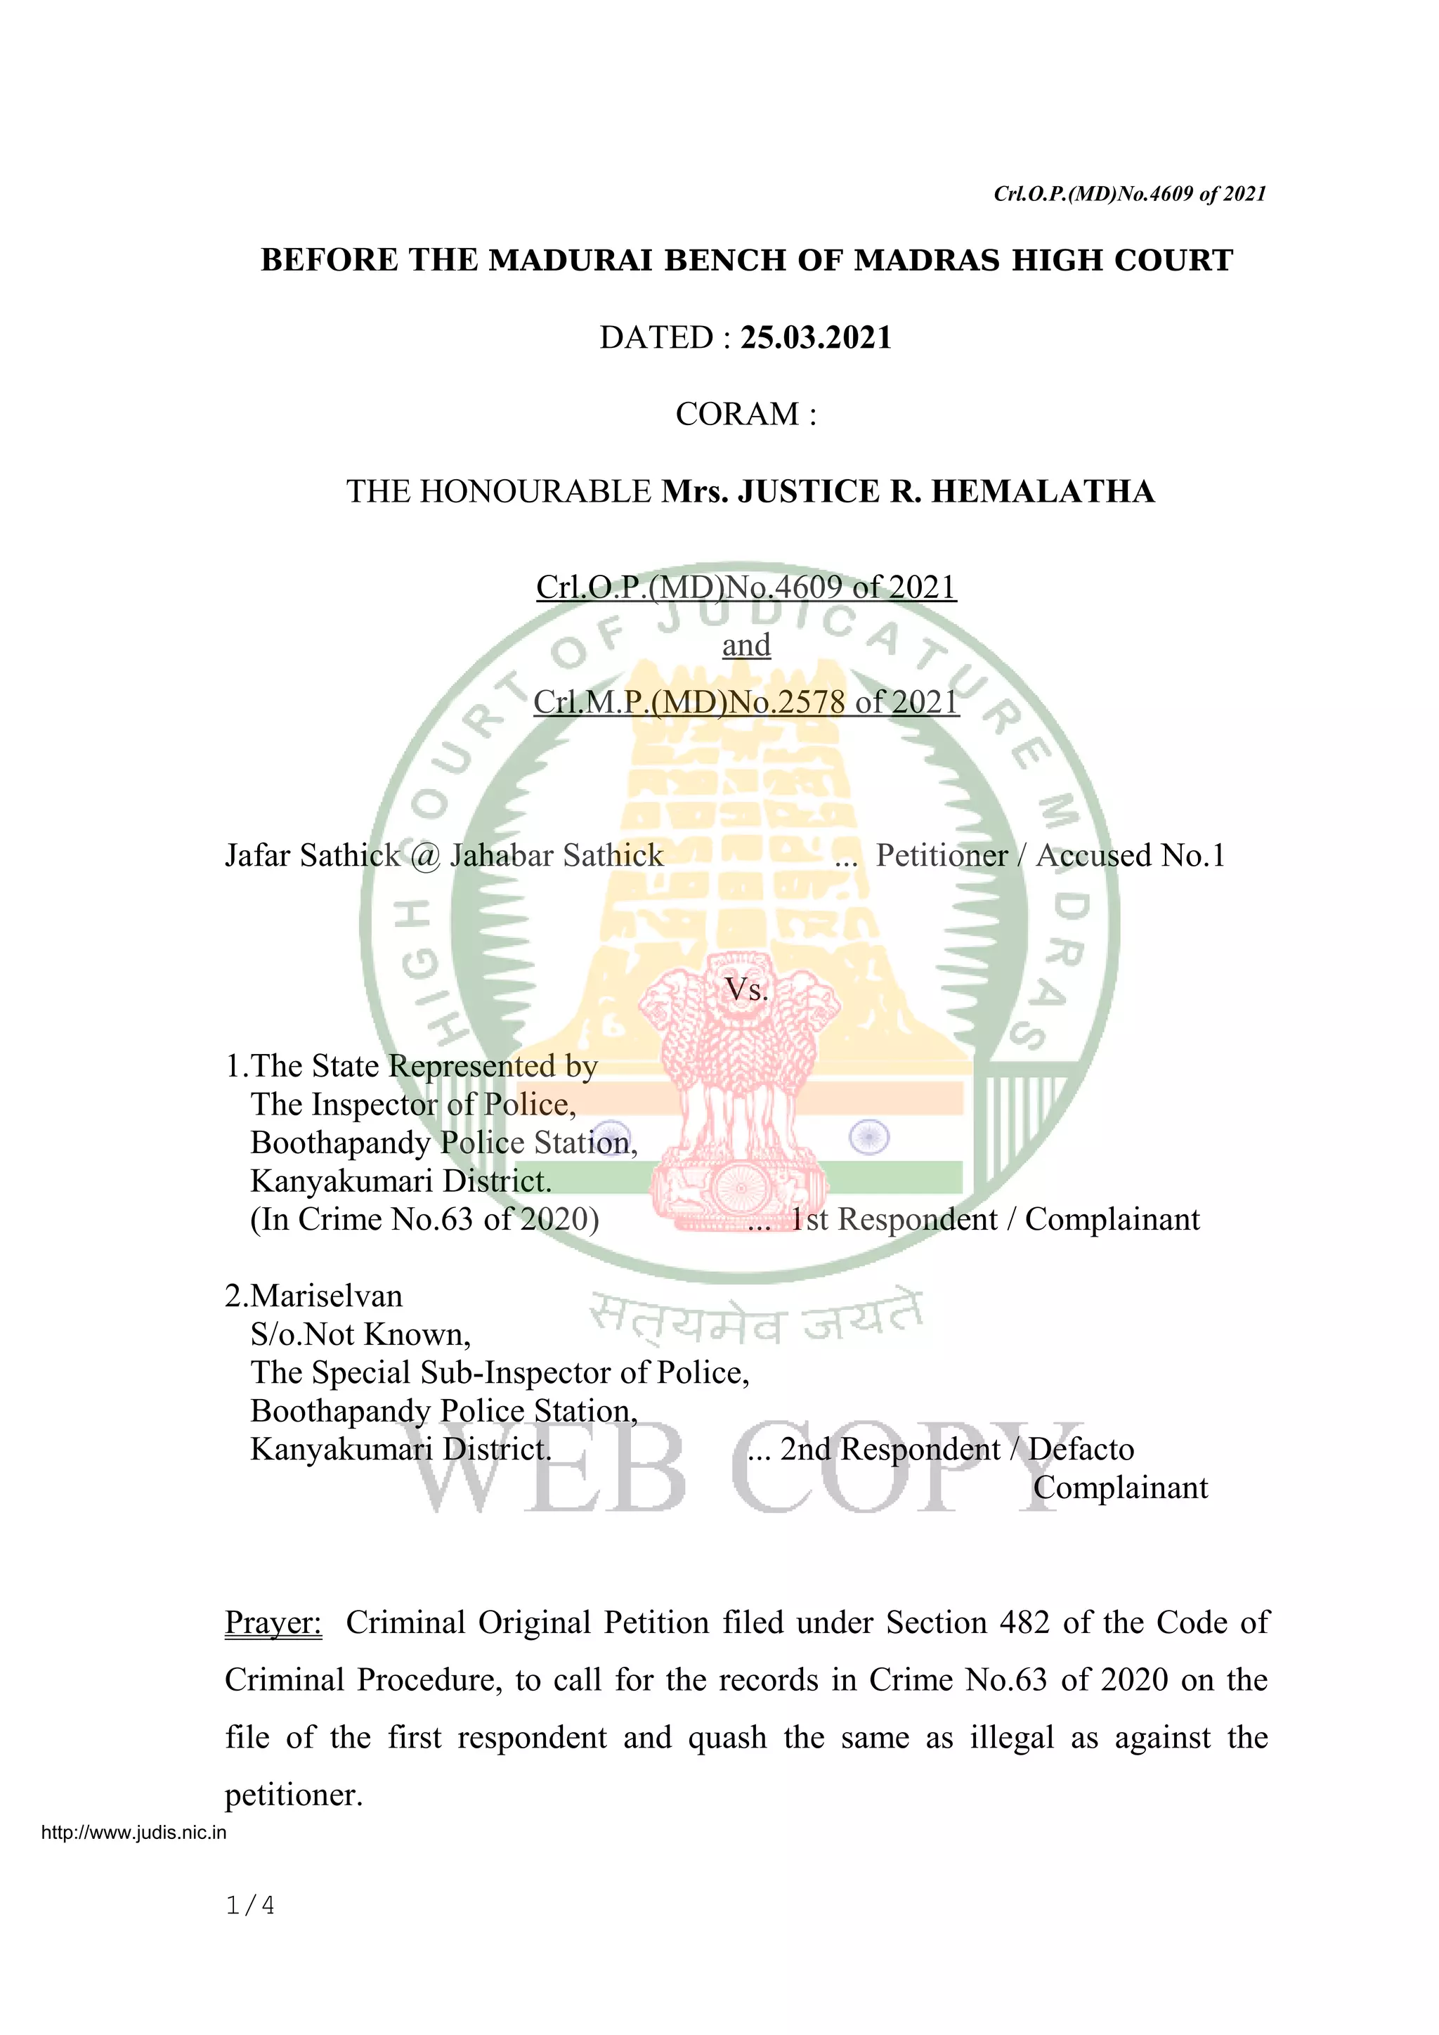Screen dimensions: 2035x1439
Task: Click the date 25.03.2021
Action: [x=815, y=338]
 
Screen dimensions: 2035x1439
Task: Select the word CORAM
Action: [x=737, y=414]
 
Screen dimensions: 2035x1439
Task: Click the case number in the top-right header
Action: [x=1130, y=193]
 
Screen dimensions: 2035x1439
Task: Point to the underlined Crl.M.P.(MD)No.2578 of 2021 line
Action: [x=746, y=702]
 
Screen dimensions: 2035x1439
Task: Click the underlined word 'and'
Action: [x=746, y=644]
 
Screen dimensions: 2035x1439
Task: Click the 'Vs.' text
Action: [x=746, y=989]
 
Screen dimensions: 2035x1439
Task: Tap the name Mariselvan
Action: [x=326, y=1296]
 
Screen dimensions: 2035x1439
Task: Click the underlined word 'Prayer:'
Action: [x=273, y=1622]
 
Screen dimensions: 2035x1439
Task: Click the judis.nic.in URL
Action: [x=134, y=1833]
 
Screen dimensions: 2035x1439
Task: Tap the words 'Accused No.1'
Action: [x=1131, y=855]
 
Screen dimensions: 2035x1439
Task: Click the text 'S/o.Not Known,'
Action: [x=360, y=1334]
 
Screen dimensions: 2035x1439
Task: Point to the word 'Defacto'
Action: [x=1081, y=1449]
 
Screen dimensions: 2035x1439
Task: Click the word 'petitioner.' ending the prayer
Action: [x=294, y=1795]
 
